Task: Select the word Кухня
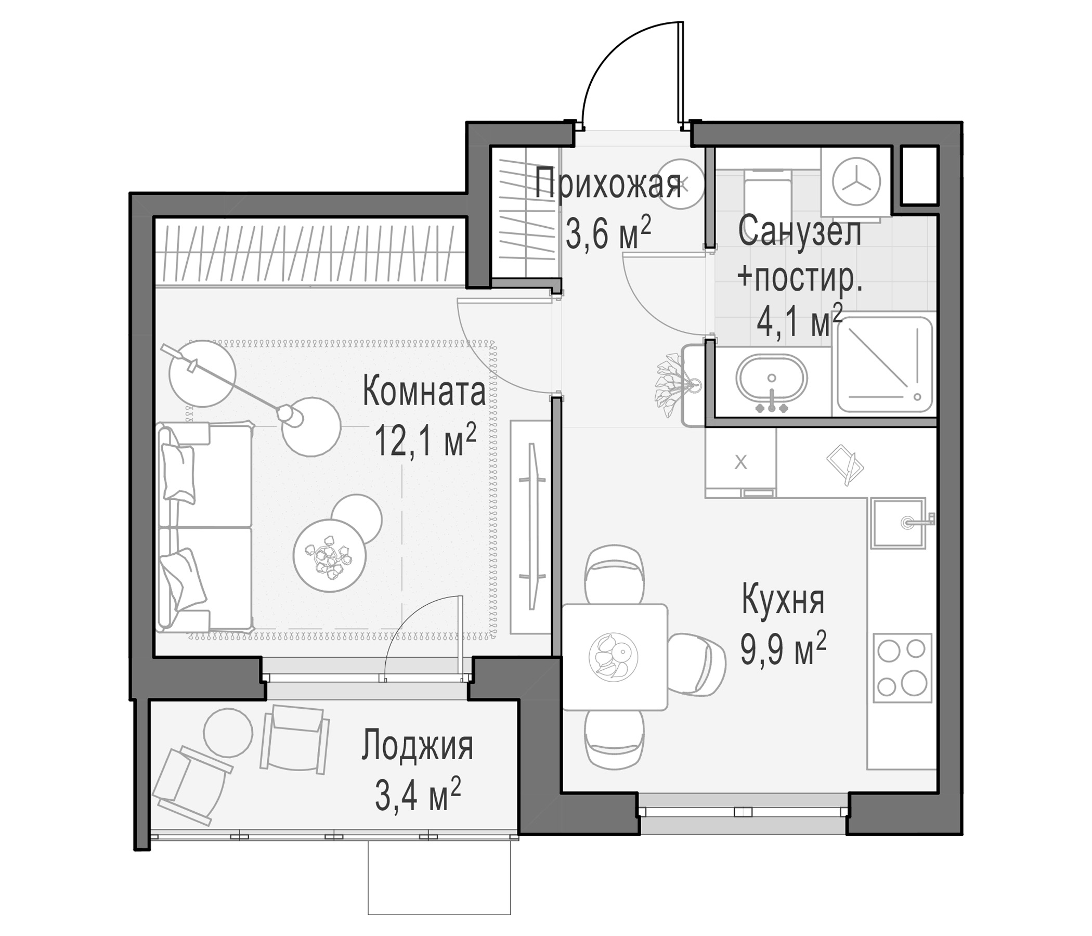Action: (x=783, y=600)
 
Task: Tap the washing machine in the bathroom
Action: (x=856, y=182)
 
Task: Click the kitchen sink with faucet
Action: (x=899, y=522)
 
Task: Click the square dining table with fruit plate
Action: (x=615, y=657)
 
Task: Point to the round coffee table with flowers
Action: (x=329, y=555)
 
